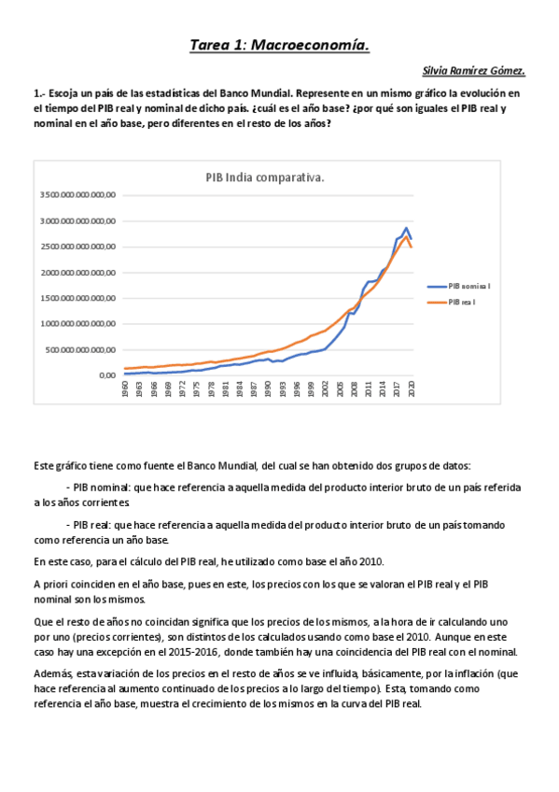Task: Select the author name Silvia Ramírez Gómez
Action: (x=475, y=70)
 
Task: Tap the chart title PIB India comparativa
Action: (x=265, y=178)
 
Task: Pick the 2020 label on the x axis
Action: (x=412, y=389)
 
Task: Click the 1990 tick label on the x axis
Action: (x=269, y=389)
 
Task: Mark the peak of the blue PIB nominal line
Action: (x=406, y=228)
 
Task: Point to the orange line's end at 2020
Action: (x=412, y=247)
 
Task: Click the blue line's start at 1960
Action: (x=125, y=374)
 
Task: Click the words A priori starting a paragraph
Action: (x=51, y=585)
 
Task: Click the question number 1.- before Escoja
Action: (x=38, y=94)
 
